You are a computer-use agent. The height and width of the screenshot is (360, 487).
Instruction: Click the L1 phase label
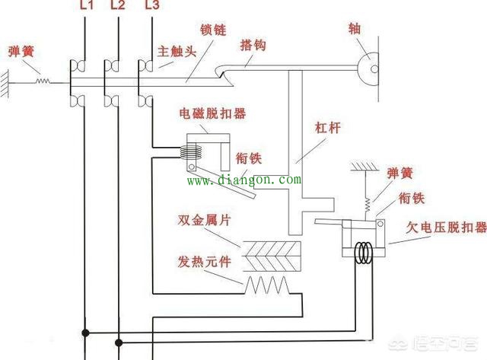tap(87, 5)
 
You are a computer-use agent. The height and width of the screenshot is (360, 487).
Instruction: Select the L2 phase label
tap(118, 5)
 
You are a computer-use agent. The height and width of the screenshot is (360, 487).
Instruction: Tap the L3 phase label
tap(152, 5)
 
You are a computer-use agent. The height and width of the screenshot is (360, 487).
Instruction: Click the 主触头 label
tap(177, 51)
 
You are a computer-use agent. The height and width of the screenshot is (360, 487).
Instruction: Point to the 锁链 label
tap(213, 30)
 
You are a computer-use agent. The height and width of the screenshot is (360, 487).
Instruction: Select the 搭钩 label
tap(253, 46)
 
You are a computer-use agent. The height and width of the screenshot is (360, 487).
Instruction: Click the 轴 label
tap(355, 29)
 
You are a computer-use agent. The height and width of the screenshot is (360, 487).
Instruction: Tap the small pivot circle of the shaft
tap(374, 69)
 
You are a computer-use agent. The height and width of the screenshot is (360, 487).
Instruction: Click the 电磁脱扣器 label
tap(213, 113)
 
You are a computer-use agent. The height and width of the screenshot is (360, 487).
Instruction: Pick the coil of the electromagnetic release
tap(191, 152)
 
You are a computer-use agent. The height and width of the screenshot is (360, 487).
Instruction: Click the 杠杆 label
tap(328, 128)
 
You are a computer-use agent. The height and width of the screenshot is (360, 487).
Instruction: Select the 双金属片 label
tap(205, 220)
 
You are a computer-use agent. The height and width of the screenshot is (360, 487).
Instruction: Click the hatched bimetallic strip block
tap(272, 256)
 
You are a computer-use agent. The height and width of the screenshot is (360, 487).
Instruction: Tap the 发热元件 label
tap(205, 262)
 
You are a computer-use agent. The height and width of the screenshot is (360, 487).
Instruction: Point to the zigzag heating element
tap(267, 285)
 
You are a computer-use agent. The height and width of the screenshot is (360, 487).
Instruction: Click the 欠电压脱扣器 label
tap(447, 228)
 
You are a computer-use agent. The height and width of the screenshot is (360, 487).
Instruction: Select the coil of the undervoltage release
tap(364, 253)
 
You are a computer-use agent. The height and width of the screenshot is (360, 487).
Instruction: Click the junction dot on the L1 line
tap(85, 333)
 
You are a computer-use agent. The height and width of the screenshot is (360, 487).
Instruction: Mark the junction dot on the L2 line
tap(119, 342)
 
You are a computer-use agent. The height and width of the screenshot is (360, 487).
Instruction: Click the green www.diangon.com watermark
tap(244, 180)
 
